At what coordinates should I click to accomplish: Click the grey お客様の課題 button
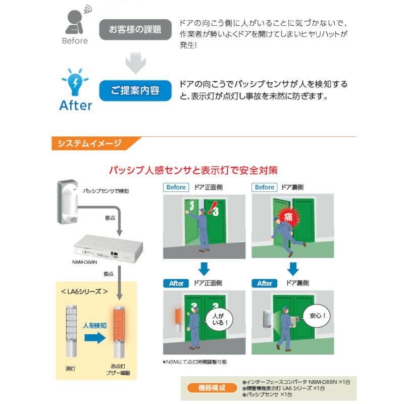click(x=135, y=30)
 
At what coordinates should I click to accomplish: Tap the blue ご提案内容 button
click(x=135, y=90)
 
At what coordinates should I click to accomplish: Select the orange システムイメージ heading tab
click(x=88, y=143)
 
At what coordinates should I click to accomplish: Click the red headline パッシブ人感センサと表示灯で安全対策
click(x=193, y=170)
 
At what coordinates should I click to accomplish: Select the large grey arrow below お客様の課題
click(x=135, y=62)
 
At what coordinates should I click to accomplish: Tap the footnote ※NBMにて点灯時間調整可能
click(x=194, y=362)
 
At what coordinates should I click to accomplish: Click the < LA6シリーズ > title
click(x=84, y=291)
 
